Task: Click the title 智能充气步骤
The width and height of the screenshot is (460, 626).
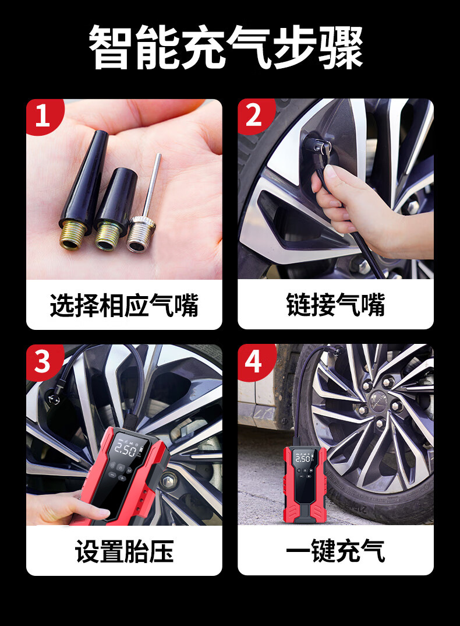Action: tap(226, 47)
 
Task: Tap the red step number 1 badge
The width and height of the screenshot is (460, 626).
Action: tap(43, 116)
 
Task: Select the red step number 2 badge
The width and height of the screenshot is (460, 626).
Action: tap(254, 116)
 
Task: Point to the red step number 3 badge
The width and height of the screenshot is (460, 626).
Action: tap(43, 362)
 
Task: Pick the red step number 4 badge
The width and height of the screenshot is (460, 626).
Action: tap(254, 362)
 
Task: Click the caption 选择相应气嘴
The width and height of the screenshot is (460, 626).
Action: tap(124, 305)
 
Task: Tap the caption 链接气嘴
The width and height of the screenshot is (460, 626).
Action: tap(335, 305)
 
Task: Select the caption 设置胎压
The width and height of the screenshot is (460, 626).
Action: tap(124, 551)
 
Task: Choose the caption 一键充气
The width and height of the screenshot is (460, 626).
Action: tap(335, 551)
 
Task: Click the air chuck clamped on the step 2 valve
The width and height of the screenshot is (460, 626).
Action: tap(319, 147)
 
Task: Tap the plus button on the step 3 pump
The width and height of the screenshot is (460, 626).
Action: tap(122, 478)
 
